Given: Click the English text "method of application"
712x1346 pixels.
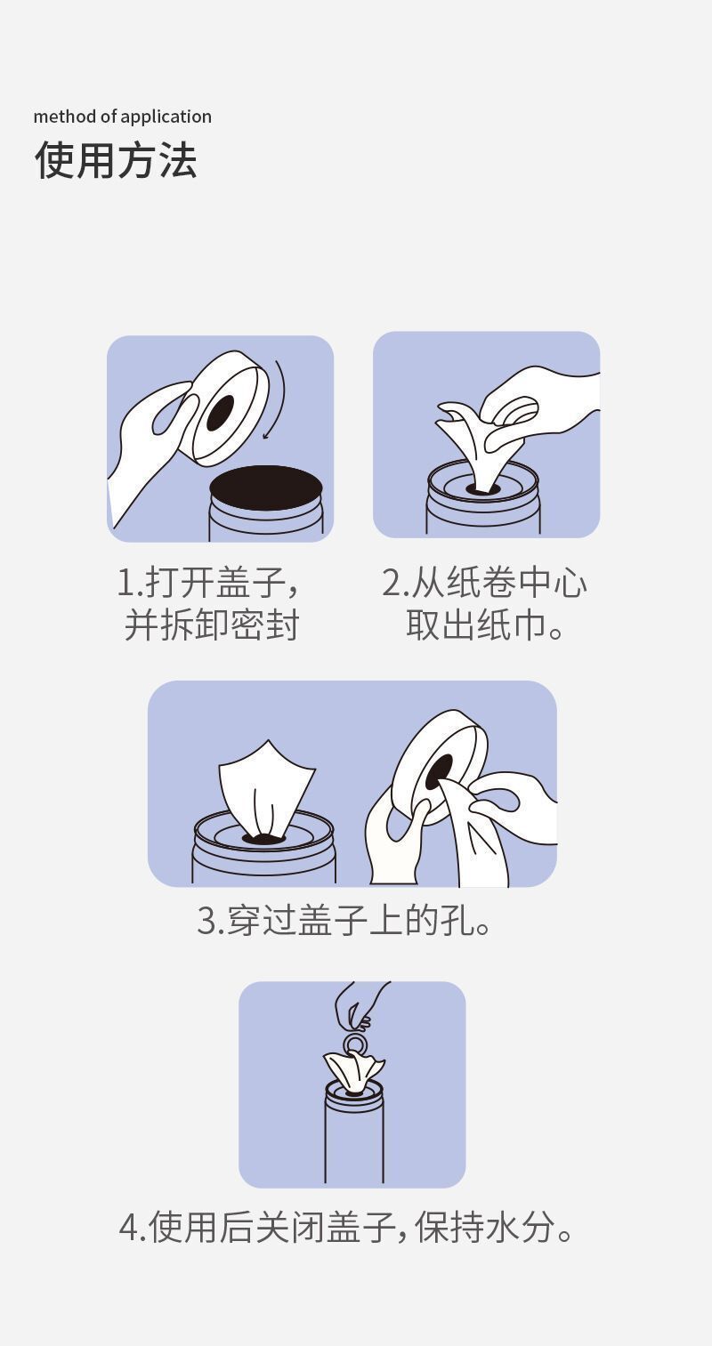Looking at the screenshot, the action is [x=123, y=117].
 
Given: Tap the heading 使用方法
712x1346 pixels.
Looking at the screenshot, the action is [x=116, y=160].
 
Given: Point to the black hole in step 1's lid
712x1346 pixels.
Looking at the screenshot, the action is [x=220, y=413].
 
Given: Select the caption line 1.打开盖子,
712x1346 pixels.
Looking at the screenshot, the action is [x=208, y=583].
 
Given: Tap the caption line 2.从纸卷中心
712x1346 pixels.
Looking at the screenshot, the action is [x=485, y=583].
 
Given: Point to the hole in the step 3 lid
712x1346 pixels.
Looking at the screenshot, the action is [x=441, y=773].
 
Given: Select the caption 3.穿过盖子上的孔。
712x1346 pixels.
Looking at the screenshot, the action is [x=344, y=921].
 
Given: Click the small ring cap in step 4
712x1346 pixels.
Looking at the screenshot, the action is [x=355, y=1043].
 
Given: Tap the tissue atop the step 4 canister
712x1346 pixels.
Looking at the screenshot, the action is [x=353, y=1072].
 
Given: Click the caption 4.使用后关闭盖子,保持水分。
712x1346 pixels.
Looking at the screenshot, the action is [x=346, y=1227].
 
